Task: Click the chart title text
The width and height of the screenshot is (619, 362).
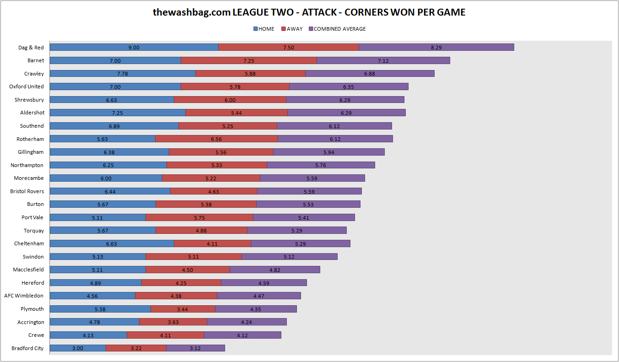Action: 309,12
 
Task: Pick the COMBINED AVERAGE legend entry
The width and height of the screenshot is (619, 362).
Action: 337,29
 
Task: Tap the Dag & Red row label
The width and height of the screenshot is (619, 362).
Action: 31,48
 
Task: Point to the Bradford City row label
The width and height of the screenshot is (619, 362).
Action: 27,348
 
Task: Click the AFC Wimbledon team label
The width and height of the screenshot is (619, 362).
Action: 24,296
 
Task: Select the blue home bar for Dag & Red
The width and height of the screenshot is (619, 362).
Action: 134,47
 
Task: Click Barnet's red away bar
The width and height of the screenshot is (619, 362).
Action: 249,60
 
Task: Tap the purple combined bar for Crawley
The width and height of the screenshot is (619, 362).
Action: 370,73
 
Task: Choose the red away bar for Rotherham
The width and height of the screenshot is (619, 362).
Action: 216,139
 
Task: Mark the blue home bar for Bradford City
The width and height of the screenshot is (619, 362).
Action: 78,348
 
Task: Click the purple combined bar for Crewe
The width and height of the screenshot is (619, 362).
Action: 242,335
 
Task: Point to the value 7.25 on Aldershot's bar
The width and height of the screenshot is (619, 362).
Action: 118,113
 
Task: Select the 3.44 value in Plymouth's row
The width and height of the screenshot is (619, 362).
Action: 183,309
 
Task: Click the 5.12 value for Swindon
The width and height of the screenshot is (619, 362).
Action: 289,257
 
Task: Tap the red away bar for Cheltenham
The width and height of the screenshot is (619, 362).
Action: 212,244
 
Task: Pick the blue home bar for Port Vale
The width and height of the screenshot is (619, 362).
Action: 97,217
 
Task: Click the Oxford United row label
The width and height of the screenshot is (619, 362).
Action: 27,86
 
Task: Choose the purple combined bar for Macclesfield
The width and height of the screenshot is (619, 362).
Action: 275,270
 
